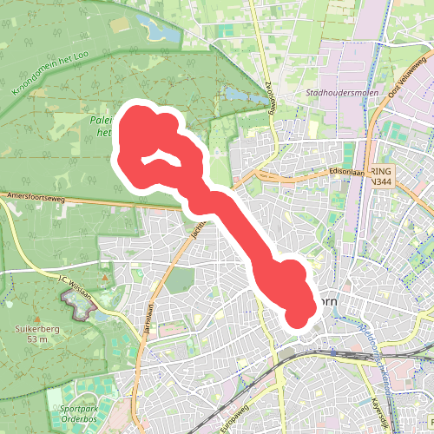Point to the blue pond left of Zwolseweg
235,94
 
